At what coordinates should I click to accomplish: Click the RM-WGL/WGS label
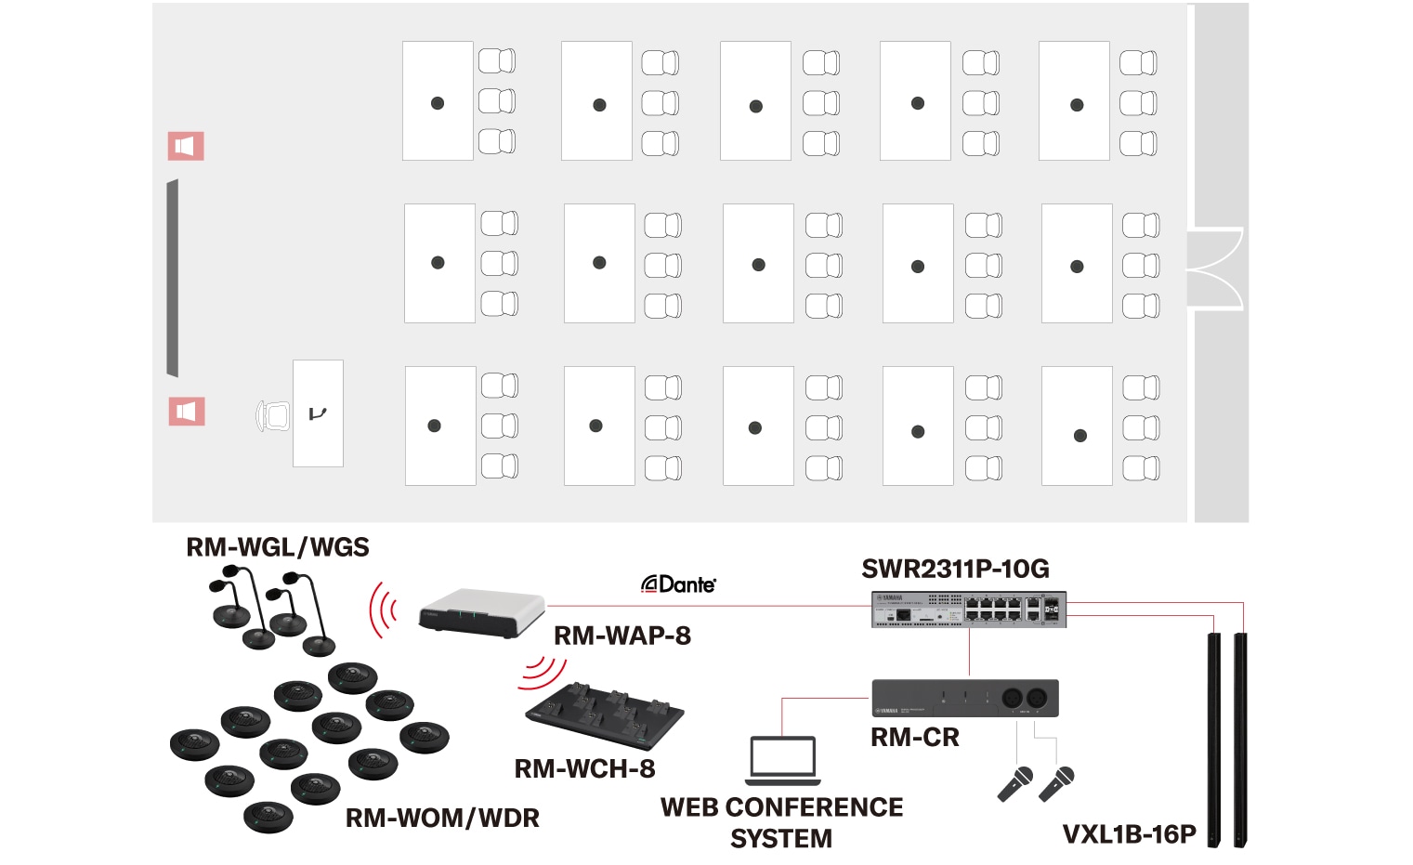(277, 547)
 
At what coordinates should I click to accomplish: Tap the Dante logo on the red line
(678, 583)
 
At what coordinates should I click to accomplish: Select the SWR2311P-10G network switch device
(968, 609)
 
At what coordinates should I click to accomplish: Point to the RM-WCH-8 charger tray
(605, 716)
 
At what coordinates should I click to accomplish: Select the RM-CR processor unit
(964, 698)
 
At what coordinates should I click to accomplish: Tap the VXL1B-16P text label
(1129, 834)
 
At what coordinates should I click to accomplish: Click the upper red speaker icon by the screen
(186, 146)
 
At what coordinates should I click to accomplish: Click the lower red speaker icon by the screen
(186, 412)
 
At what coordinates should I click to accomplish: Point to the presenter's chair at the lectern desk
(273, 415)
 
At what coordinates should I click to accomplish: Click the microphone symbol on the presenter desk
(318, 413)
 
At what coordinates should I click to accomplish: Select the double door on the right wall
(1215, 269)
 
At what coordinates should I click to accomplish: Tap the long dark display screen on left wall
(172, 279)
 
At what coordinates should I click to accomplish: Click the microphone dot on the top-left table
(438, 103)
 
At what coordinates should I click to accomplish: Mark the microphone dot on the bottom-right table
(1079, 435)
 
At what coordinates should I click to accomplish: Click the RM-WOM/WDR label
(442, 818)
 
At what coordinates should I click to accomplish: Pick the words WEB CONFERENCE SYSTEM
(781, 822)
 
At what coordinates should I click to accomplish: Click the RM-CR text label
(914, 738)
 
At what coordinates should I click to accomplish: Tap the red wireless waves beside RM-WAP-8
(383, 610)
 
